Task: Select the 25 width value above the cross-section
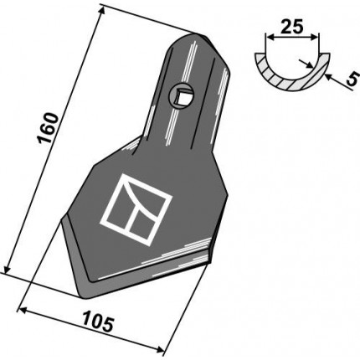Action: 291,27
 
